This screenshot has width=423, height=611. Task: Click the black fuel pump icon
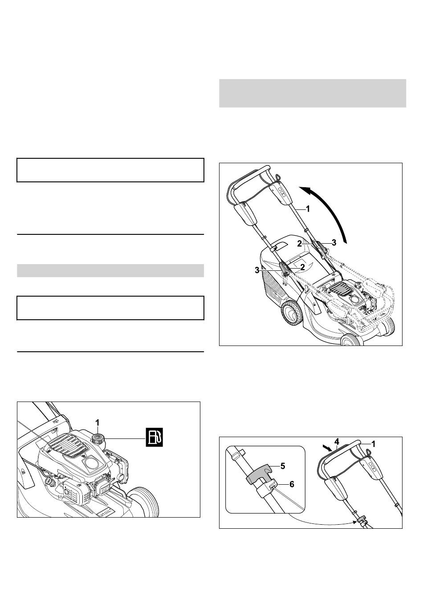[154, 437]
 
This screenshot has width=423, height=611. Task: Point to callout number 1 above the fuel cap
[97, 423]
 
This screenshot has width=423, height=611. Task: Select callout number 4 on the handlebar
[337, 441]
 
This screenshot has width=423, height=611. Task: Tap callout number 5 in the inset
[283, 466]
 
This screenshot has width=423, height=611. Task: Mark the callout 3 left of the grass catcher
[257, 270]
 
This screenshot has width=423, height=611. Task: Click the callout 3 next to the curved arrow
[334, 242]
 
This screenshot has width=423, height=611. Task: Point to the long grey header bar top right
[313, 93]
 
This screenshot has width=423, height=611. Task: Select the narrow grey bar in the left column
[110, 270]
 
